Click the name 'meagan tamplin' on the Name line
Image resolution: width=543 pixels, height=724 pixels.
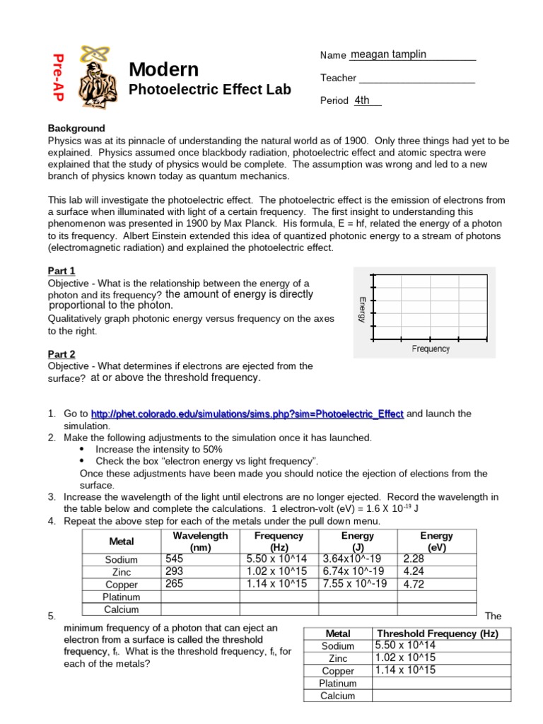click(388, 54)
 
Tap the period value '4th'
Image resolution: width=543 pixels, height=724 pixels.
click(363, 100)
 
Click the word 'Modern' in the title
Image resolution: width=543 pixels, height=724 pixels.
click(163, 69)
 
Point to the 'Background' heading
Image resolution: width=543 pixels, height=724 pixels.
click(76, 128)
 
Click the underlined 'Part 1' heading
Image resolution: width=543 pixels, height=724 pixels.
click(62, 271)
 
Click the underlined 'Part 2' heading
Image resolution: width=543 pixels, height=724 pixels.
click(62, 354)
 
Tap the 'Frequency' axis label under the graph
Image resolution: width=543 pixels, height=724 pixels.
click(431, 349)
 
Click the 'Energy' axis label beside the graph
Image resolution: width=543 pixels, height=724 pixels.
click(362, 309)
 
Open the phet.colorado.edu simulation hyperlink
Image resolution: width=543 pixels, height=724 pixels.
click(247, 414)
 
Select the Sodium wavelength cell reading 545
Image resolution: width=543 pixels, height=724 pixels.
click(174, 559)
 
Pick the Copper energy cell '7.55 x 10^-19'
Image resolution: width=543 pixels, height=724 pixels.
click(355, 584)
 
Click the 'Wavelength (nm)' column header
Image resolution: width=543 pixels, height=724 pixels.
click(200, 541)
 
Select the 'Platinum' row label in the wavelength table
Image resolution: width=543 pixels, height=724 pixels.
click(122, 597)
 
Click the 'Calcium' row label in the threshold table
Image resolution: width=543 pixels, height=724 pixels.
click(337, 696)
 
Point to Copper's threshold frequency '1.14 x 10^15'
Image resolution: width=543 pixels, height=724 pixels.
click(405, 670)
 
